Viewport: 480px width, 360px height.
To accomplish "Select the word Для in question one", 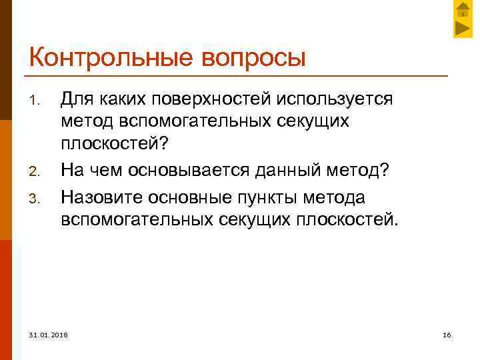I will pos(75,99).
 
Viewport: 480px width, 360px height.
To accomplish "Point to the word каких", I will pos(119,99).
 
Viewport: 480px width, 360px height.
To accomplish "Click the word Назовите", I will pos(101,198).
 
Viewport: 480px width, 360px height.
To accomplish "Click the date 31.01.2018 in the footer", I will pos(48,334).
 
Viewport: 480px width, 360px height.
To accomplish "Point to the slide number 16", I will pos(447,334).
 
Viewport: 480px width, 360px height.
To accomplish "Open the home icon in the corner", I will pos(463,9).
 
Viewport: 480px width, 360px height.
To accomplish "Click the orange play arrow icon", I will pos(463,28).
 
